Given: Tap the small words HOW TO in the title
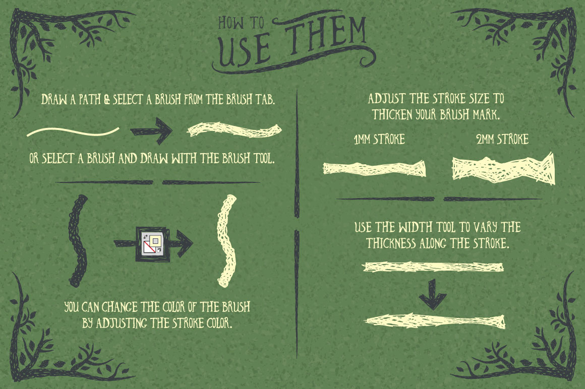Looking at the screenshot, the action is pos(241,23).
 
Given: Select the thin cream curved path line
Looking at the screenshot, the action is pos(73,132).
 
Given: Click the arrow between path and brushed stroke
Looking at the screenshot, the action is pos(151,131).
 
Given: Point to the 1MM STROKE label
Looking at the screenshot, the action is pos(379,140).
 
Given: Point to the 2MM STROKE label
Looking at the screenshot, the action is pos(502,140).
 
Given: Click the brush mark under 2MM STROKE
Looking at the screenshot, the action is pos(503,169).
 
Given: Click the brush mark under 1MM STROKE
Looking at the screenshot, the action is pos(374,169).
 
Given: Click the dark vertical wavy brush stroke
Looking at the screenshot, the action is pos(78,241).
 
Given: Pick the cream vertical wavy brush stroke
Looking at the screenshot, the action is pos(226,241).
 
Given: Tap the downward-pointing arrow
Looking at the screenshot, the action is pos(432,294).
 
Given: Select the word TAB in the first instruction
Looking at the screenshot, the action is pos(265,99).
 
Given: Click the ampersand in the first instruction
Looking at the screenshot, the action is pos(107,100).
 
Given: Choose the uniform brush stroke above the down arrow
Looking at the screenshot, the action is pos(433,267).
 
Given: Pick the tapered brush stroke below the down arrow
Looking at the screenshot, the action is pos(435,321).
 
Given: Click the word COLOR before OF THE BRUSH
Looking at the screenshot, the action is pos(167,307).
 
